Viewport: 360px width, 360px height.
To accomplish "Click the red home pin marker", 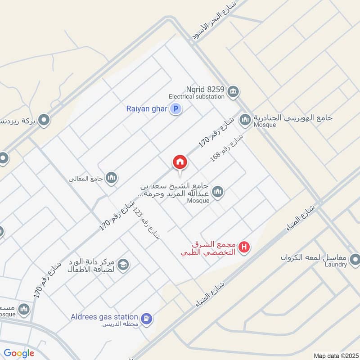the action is click(180, 162).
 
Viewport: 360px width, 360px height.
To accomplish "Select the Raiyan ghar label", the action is click(146, 108).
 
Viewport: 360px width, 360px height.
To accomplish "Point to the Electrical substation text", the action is click(196, 96).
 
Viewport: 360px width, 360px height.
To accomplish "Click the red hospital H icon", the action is click(244, 247).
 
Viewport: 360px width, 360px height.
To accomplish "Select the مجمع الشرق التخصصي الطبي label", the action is click(208, 248).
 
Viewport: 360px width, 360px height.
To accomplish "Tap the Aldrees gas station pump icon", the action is click(146, 318).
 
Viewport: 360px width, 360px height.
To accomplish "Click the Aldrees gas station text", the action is click(104, 317).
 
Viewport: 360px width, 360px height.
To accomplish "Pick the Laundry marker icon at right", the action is click(355, 259).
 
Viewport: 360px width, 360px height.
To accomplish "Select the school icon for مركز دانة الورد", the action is click(123, 265).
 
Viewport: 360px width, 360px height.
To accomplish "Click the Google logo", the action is click(19, 353).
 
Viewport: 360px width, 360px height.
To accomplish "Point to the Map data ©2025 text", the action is click(335, 355).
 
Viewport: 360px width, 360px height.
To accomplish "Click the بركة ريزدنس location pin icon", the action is click(44, 120).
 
